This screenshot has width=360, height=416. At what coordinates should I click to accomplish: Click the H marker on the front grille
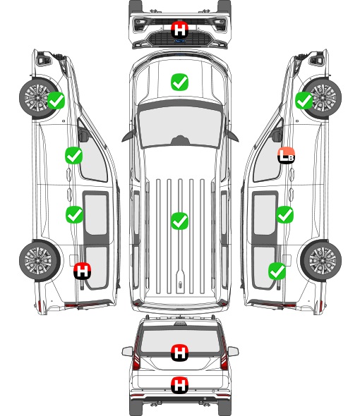[180, 30]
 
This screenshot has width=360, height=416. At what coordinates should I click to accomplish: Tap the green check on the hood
[179, 82]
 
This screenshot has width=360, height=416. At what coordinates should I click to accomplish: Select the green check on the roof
[179, 221]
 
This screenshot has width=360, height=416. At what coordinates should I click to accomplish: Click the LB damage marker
[286, 155]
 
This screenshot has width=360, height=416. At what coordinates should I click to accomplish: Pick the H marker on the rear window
[180, 353]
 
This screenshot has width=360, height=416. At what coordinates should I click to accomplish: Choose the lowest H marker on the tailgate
[180, 385]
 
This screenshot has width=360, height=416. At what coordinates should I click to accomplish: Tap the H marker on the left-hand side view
[83, 271]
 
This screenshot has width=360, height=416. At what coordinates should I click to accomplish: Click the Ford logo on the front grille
[179, 41]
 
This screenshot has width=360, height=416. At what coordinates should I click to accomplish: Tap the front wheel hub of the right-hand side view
[322, 98]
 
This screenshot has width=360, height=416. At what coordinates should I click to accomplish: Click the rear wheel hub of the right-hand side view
[322, 260]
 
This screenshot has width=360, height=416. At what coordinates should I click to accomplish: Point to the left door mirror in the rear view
[127, 352]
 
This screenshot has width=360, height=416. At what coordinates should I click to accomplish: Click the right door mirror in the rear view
[233, 352]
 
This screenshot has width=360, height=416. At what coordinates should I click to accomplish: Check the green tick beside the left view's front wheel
[56, 100]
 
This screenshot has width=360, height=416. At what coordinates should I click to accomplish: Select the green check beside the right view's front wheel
[304, 100]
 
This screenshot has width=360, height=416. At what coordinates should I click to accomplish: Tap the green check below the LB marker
[284, 214]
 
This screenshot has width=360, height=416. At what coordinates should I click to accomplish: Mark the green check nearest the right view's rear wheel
[277, 271]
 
